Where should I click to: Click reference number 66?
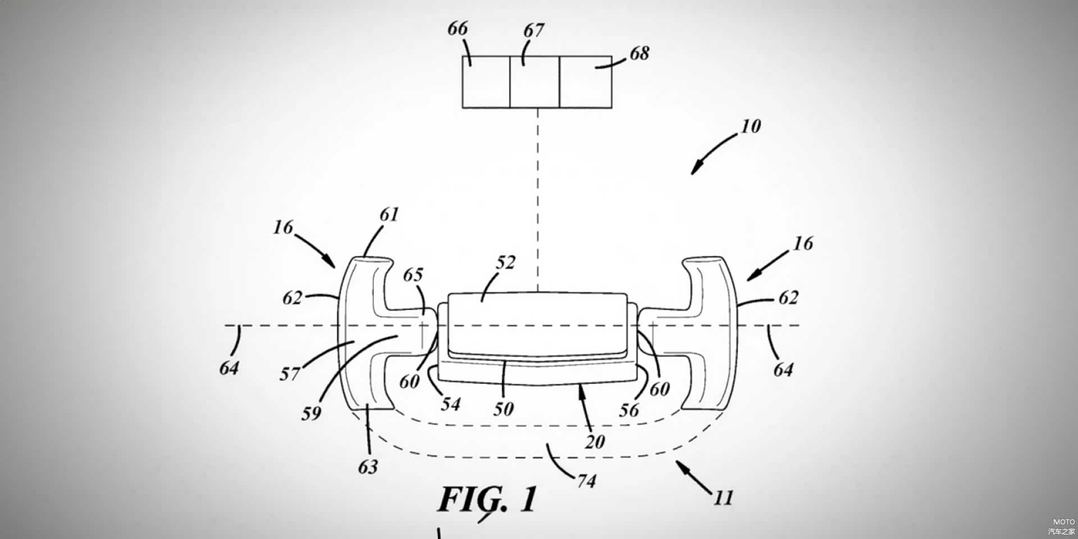[x=458, y=29]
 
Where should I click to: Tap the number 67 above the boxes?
[x=533, y=30]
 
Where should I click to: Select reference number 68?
[x=640, y=53]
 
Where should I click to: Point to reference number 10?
[x=751, y=126]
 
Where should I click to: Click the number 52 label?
[x=505, y=263]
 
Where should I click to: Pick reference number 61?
[x=389, y=214]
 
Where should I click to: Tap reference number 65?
[x=413, y=275]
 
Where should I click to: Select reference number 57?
[x=290, y=374]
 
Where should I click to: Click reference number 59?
[x=311, y=414]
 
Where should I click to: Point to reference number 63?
[x=368, y=467]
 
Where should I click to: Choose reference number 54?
[x=450, y=404]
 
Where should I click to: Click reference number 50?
[x=504, y=409]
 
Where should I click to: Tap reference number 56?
[x=629, y=410]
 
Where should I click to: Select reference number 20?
[x=595, y=442]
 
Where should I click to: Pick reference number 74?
[x=586, y=481]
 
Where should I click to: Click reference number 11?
[x=723, y=498]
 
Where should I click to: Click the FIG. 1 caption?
[x=487, y=499]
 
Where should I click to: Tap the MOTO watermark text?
[x=1063, y=522]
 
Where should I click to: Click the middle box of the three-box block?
[x=535, y=82]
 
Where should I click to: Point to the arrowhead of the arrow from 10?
[x=694, y=170]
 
